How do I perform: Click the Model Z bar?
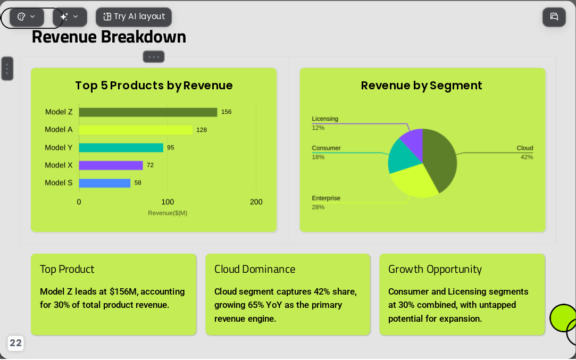pos(148,112)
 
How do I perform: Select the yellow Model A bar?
pos(136,130)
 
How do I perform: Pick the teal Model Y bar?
pos(121,148)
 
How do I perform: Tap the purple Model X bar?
pos(111,165)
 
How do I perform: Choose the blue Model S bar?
pos(105,183)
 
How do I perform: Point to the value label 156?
pos(226,112)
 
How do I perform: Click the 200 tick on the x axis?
pos(256,202)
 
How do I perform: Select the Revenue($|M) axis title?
pos(168,213)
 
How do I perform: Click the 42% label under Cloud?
pos(527,157)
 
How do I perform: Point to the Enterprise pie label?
pos(326,198)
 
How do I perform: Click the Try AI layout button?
pos(133,17)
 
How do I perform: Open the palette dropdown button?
pos(27,17)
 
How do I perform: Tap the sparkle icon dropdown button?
pos(70,17)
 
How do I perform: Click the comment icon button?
pos(554,17)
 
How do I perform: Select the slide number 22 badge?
pos(15,343)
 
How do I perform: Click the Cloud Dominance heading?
pos(255,269)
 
